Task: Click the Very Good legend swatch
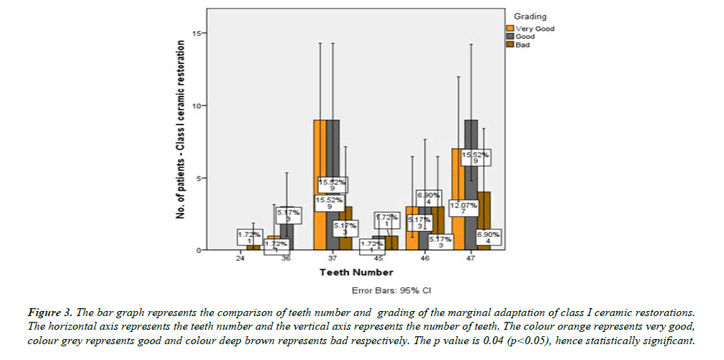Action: tap(510, 29)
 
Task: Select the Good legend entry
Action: tap(525, 37)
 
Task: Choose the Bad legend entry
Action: tap(522, 45)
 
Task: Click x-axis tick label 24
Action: tap(240, 258)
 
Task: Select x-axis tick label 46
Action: tap(425, 258)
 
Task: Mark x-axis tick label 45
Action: tap(379, 258)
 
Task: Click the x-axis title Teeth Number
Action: tap(356, 273)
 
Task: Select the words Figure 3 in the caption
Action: tap(48, 313)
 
